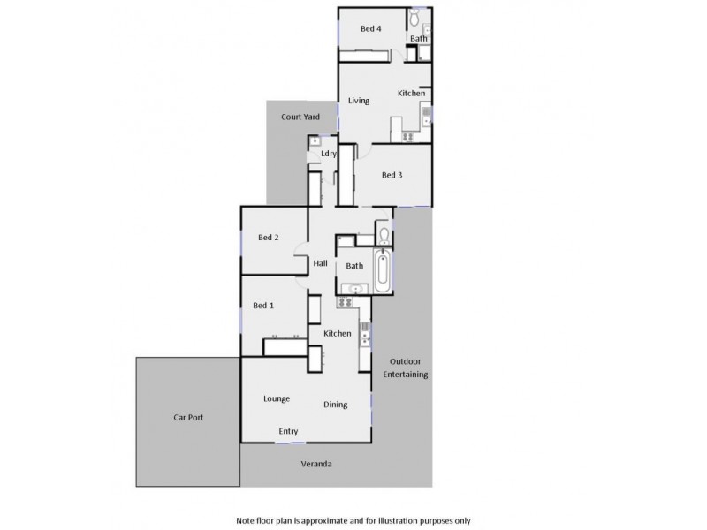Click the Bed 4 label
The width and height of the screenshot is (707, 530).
[x=370, y=29]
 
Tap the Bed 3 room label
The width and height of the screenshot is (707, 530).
[x=392, y=175]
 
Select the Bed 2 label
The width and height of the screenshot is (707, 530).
[x=269, y=237]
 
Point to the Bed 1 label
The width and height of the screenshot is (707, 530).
[x=263, y=306]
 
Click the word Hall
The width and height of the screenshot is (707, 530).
[x=321, y=262]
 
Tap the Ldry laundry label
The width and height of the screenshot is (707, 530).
[x=329, y=154]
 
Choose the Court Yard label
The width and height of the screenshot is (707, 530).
[x=300, y=117]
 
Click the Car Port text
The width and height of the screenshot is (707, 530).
[x=188, y=418]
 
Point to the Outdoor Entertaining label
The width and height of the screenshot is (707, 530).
[x=406, y=368]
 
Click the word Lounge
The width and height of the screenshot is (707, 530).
[x=277, y=398]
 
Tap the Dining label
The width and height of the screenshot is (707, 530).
[x=335, y=405]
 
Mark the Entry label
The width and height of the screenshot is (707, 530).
[x=288, y=431]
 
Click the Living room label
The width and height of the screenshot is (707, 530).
[x=358, y=101]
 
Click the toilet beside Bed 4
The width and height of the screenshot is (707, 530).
[x=414, y=18]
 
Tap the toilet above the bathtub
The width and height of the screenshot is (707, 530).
[x=382, y=236]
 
